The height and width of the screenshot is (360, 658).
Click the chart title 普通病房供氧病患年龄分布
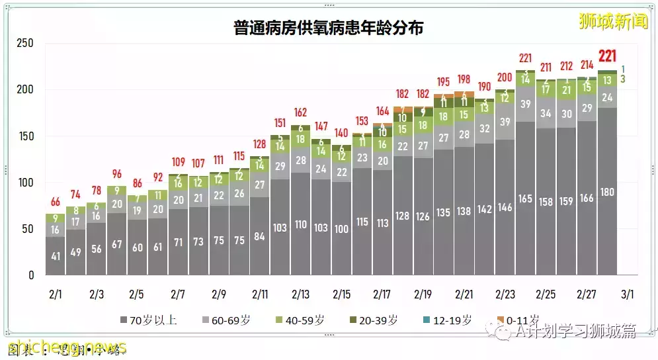click(328, 28)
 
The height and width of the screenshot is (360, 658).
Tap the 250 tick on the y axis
click(25, 44)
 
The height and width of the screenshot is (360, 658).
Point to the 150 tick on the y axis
click(25, 136)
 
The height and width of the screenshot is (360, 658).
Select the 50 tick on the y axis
click(27, 229)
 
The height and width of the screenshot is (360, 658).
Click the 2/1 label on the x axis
click(55, 293)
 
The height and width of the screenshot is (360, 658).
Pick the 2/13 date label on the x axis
click(300, 293)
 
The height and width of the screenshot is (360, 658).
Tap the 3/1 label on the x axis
click(628, 293)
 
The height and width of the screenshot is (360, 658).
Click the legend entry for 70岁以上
click(149, 320)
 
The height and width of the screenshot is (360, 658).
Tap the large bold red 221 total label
click(608, 56)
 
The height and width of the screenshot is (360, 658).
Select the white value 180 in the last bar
click(607, 193)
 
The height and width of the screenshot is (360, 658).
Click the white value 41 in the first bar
click(55, 255)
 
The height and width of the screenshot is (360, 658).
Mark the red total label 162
click(300, 112)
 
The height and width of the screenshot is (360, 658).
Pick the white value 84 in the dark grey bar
click(259, 236)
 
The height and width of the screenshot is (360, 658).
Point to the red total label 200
click(505, 77)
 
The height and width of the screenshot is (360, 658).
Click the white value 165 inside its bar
click(525, 199)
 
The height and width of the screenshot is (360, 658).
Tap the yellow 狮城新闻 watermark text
click(604, 21)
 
